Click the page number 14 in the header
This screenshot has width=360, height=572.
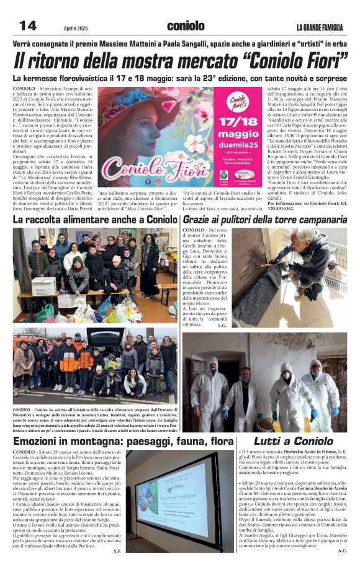click(x=28, y=25)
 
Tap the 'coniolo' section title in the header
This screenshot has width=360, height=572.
click(x=185, y=26)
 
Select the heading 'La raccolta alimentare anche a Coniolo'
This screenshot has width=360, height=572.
click(x=95, y=219)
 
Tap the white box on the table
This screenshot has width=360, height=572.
click(x=43, y=286)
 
